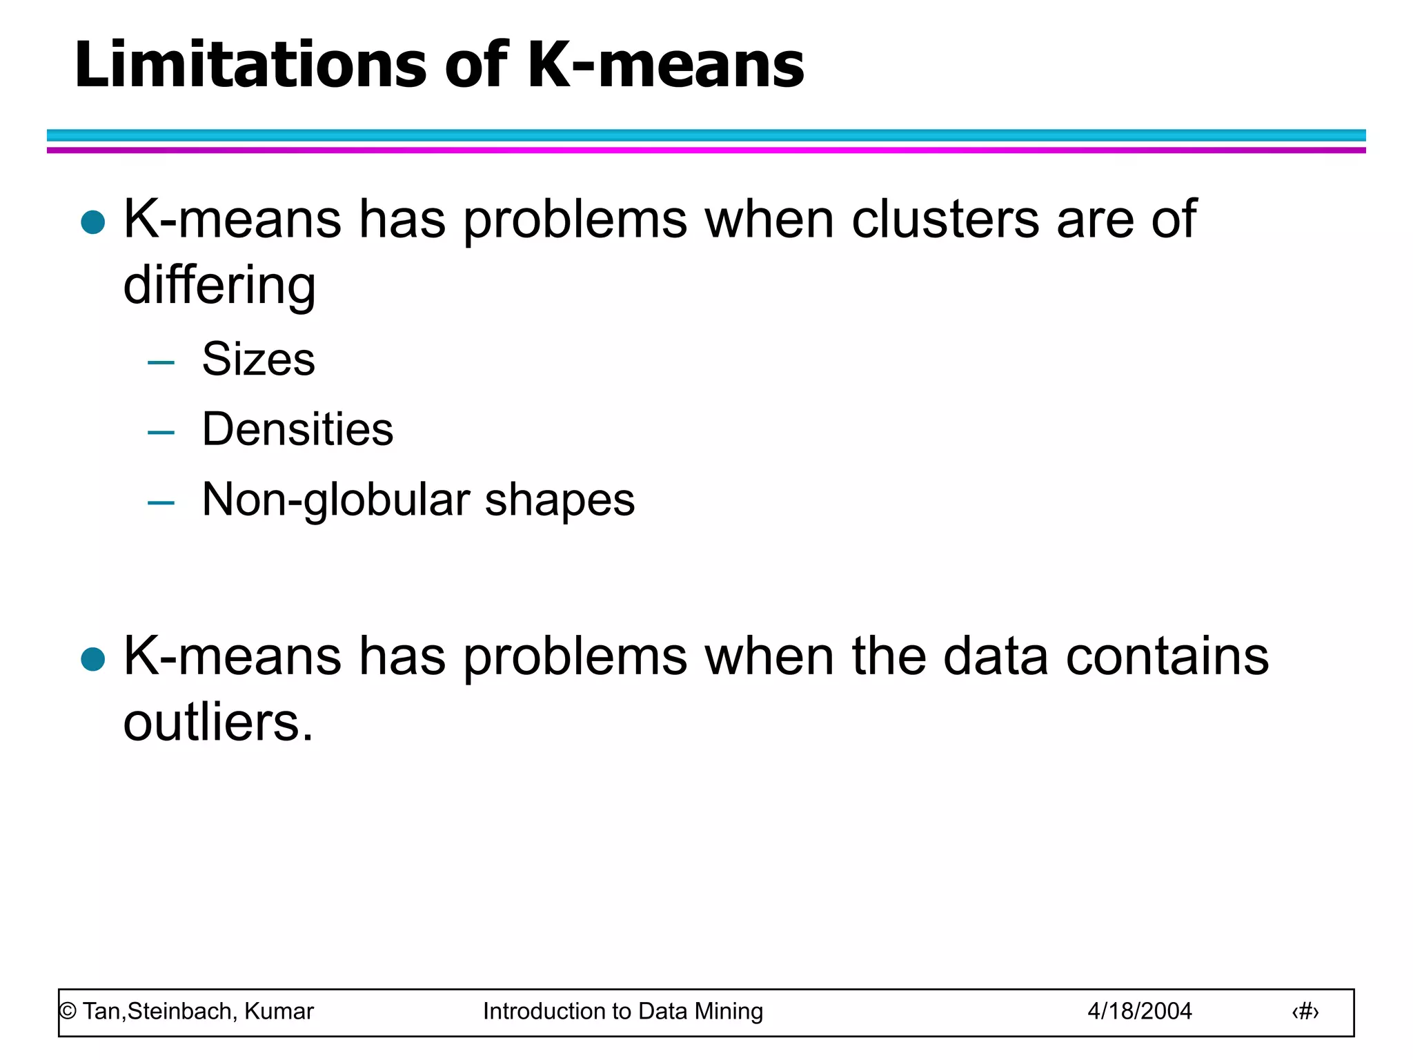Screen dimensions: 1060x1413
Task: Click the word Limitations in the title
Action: tap(250, 65)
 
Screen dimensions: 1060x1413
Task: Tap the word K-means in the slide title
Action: tap(666, 65)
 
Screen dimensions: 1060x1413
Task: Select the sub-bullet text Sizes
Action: tap(258, 360)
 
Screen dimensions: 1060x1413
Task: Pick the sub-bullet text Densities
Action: tap(297, 429)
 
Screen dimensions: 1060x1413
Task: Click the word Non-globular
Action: tap(336, 500)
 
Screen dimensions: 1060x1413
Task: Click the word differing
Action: tap(219, 286)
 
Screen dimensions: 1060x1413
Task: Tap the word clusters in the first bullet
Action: tap(945, 219)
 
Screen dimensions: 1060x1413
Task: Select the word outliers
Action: tap(218, 723)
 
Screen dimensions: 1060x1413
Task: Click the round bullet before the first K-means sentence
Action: tap(92, 222)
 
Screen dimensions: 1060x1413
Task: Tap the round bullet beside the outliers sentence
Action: tap(92, 659)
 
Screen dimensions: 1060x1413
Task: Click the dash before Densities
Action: tap(161, 433)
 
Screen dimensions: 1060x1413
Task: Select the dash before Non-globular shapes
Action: tap(161, 503)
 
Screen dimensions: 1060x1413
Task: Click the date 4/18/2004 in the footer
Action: tap(1140, 1011)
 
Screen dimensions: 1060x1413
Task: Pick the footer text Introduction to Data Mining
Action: tap(623, 1011)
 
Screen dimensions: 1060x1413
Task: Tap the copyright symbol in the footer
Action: tap(68, 1012)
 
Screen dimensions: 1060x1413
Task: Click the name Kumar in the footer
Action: tap(279, 1011)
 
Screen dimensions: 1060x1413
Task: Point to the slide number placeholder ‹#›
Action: tap(1305, 1012)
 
